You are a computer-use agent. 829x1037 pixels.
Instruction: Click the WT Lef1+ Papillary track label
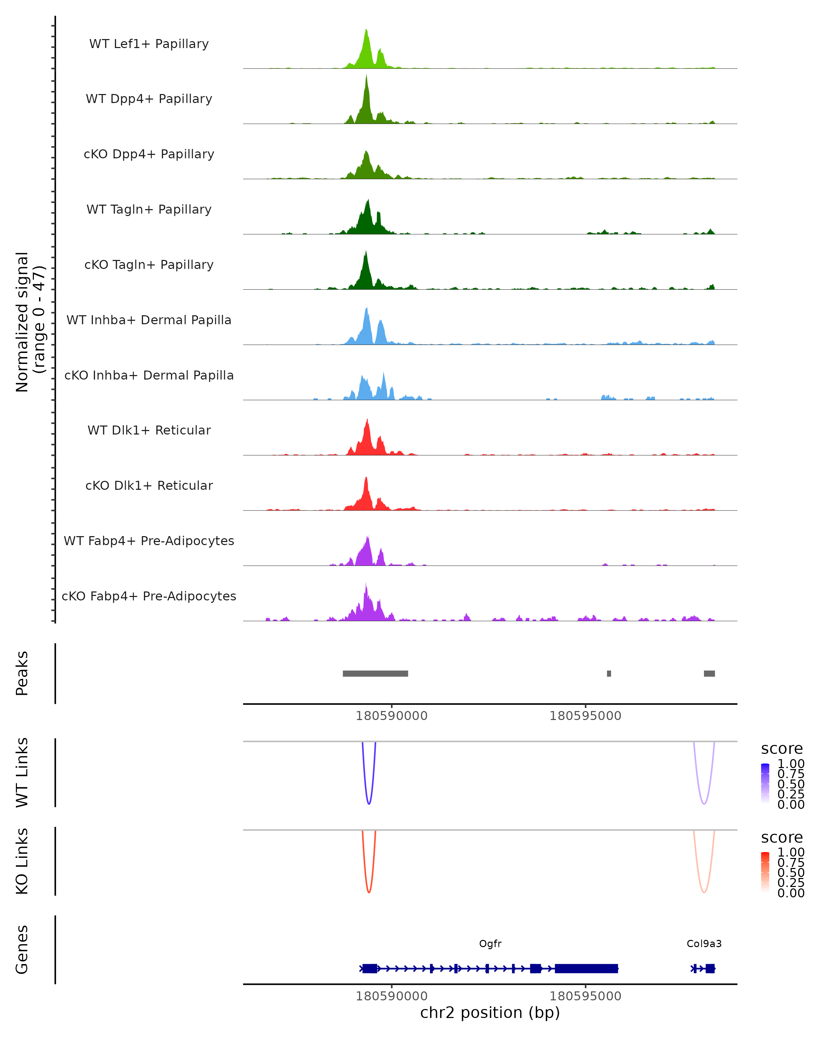tap(149, 44)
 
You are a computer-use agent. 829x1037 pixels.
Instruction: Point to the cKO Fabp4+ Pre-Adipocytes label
tap(149, 596)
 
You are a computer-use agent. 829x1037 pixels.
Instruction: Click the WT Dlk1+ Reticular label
tap(149, 430)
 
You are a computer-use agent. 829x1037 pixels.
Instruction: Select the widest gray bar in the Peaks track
tap(375, 673)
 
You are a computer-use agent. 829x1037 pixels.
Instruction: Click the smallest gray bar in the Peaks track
tap(609, 673)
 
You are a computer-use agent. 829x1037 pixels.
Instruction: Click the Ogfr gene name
tap(490, 944)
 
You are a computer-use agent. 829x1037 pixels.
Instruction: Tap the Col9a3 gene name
tap(704, 944)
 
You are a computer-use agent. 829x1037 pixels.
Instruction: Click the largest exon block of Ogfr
tap(586, 969)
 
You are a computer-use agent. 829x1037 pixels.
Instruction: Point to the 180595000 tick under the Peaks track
tap(585, 716)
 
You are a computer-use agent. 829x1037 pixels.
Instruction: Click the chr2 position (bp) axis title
tap(490, 1013)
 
